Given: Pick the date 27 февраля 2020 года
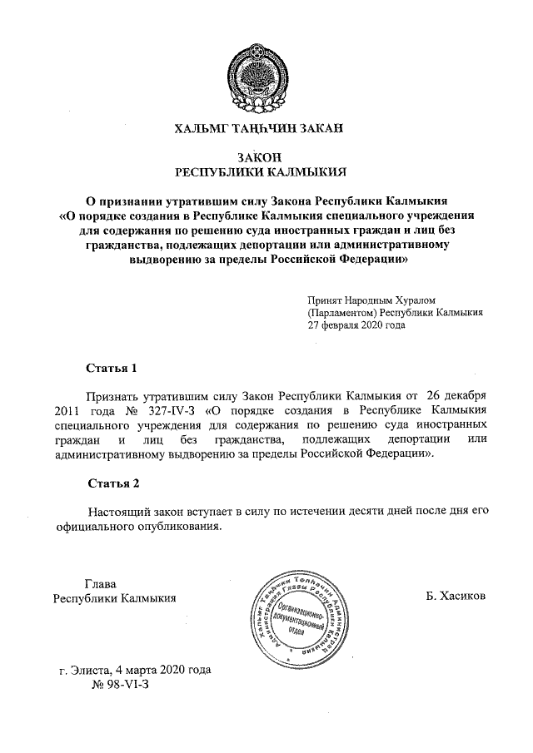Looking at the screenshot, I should [356, 326].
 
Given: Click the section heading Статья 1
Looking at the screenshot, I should [111, 367].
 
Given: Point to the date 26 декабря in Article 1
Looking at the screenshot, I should [461, 395].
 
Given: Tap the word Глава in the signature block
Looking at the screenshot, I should [102, 582].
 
